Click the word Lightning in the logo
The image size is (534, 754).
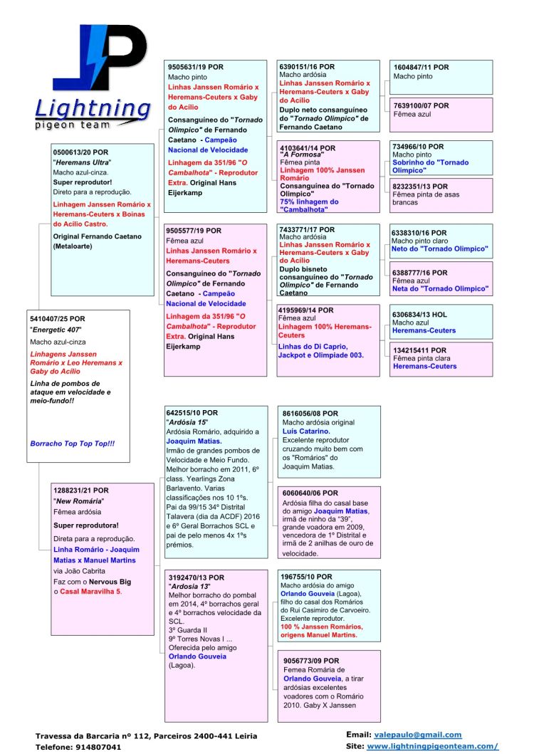point(93,108)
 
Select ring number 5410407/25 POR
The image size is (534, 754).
point(57,318)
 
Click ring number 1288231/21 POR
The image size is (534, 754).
point(81,491)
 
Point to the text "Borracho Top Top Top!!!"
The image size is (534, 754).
point(72,444)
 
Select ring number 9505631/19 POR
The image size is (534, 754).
point(195,67)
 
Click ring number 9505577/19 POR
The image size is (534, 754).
point(194,231)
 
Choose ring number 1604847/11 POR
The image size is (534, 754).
point(421,67)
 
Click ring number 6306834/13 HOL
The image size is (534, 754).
point(420,314)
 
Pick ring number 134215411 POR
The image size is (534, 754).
point(419,350)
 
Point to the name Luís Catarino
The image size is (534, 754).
point(306,431)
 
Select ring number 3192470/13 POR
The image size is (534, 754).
point(196,577)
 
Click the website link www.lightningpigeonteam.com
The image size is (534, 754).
point(432,746)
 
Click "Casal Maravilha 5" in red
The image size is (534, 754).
point(90,591)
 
